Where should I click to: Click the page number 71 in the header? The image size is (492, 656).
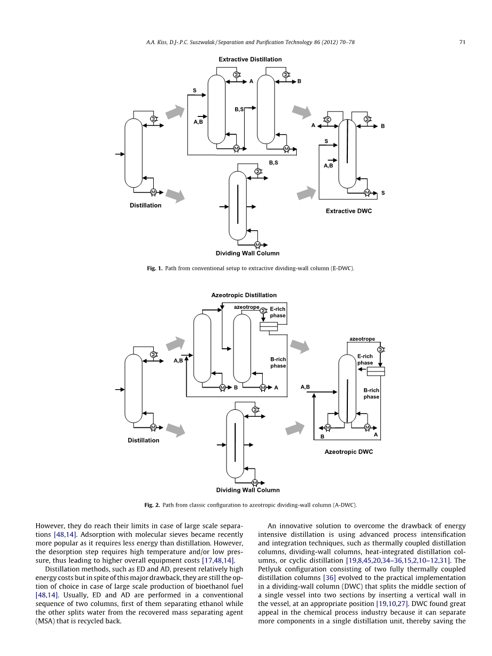[x=463, y=43]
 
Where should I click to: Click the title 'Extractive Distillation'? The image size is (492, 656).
[x=250, y=60]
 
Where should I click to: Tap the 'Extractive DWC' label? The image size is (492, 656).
[x=348, y=211]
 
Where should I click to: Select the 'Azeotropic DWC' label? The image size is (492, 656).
[x=348, y=452]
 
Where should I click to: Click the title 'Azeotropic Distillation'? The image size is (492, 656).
[x=244, y=295]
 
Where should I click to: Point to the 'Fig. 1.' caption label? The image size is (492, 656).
[x=155, y=268]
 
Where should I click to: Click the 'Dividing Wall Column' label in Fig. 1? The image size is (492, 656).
[x=247, y=253]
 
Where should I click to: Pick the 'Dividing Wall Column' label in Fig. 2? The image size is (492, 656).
[x=247, y=490]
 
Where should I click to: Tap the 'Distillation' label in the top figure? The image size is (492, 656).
[x=145, y=205]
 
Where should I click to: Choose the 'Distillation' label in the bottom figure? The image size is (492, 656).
[x=143, y=440]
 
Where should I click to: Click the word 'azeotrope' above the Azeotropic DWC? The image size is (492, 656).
[x=362, y=339]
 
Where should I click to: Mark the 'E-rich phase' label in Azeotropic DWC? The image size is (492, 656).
[x=365, y=359]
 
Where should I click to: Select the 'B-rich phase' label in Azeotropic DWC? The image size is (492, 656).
[x=371, y=393]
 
